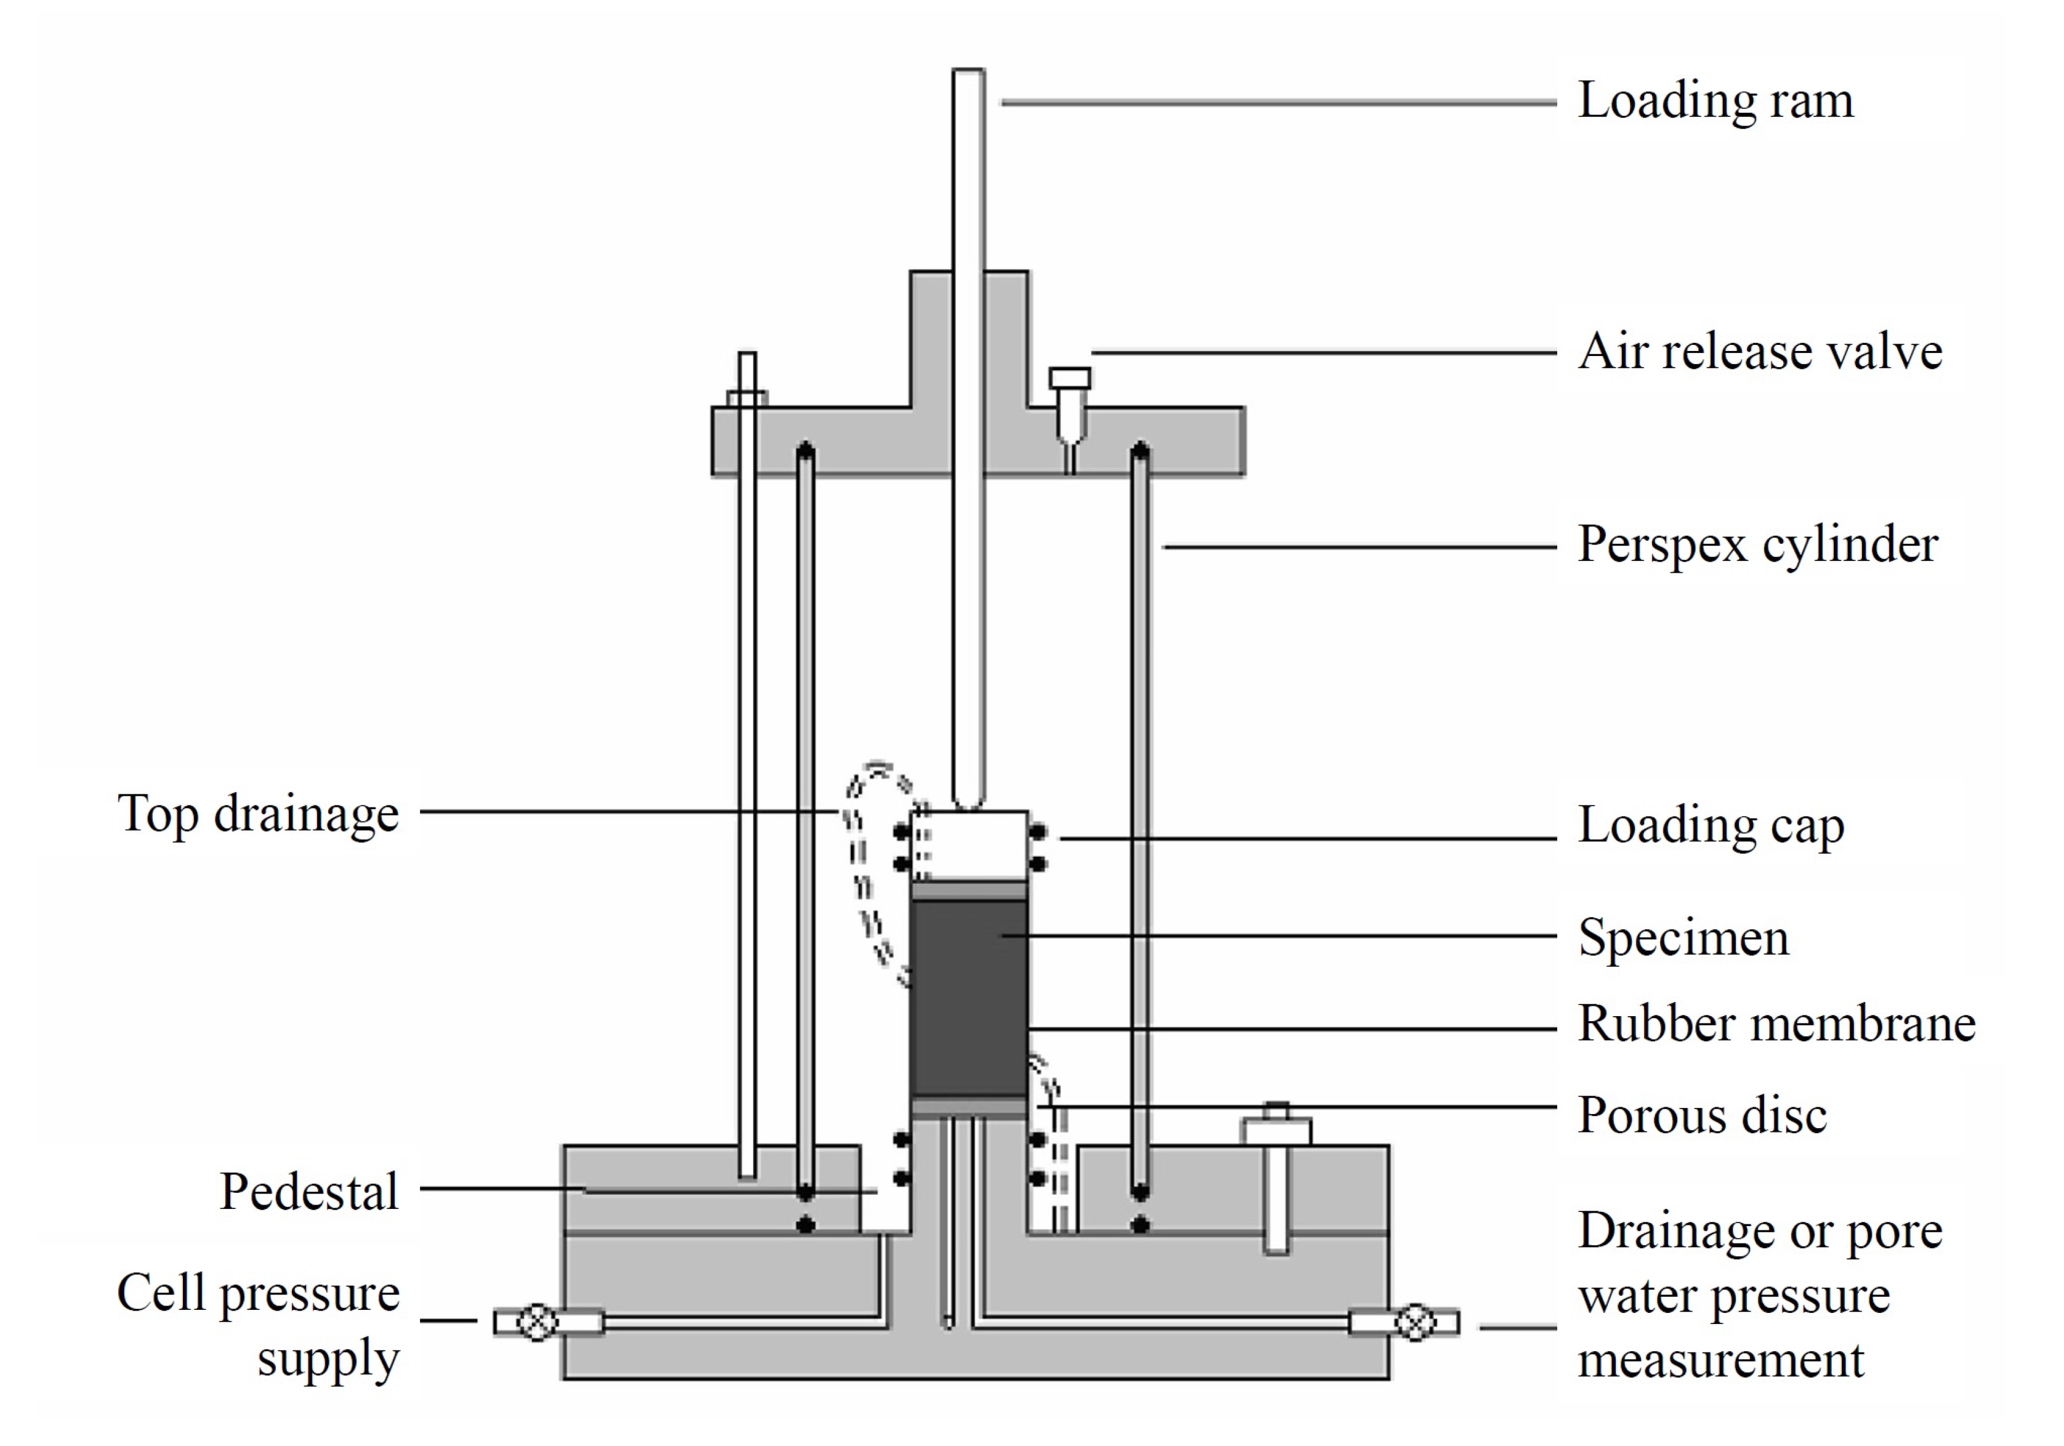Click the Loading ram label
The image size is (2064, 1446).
pos(1715,101)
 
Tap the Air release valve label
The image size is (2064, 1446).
pos(1760,352)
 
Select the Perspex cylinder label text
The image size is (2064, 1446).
pos(1757,545)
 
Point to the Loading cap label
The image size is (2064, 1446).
pos(1711,825)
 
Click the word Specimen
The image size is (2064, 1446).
pos(1683,938)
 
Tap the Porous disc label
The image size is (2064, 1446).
pos(1702,1116)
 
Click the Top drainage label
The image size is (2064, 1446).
pos(258,814)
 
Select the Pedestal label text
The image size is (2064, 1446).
pos(309,1192)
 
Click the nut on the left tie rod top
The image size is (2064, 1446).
pos(747,397)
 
